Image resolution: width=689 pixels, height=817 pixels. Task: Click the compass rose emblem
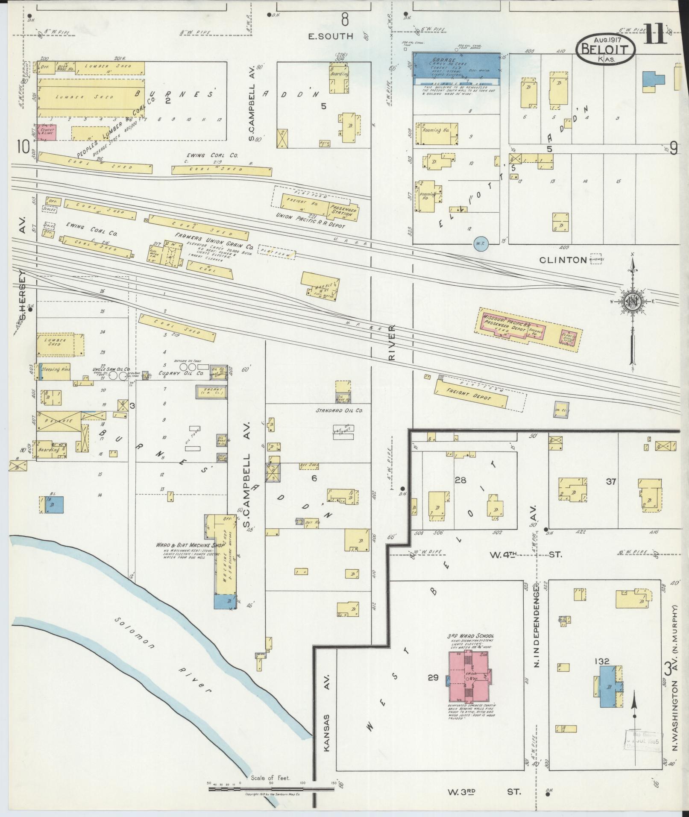632,302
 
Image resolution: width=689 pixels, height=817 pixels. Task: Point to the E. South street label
331,36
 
